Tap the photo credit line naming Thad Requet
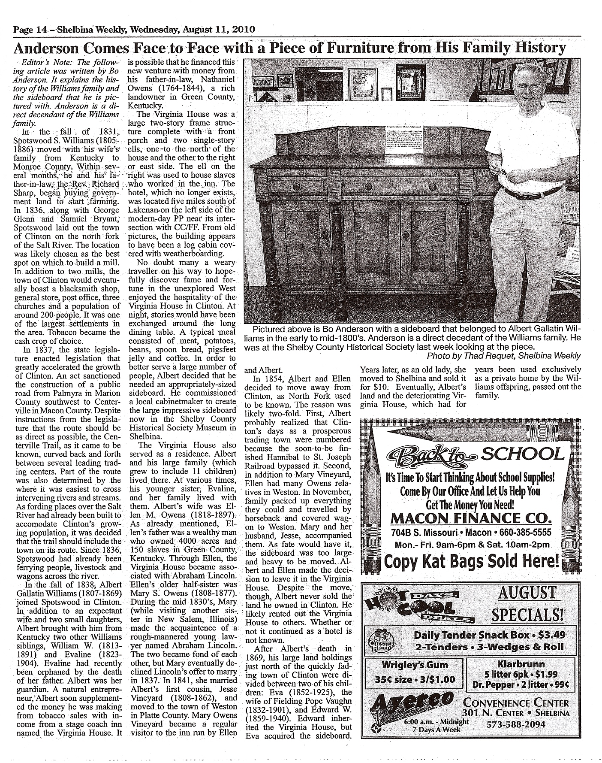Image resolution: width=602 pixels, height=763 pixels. (x=503, y=356)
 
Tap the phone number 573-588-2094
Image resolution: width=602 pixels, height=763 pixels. (x=516, y=724)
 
